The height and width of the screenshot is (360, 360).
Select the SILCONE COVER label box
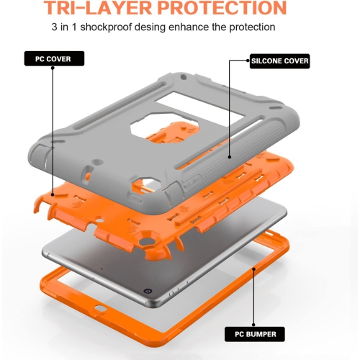coord(279,60)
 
